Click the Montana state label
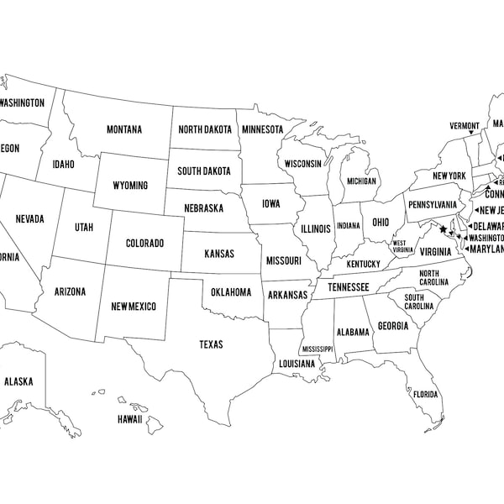123,129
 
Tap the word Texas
210,344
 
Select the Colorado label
144,244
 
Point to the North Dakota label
204,129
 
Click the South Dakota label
204,171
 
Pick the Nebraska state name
204,207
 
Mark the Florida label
425,395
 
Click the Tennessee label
348,287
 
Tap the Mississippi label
318,349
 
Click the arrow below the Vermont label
470,134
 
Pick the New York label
449,176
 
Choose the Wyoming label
130,185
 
